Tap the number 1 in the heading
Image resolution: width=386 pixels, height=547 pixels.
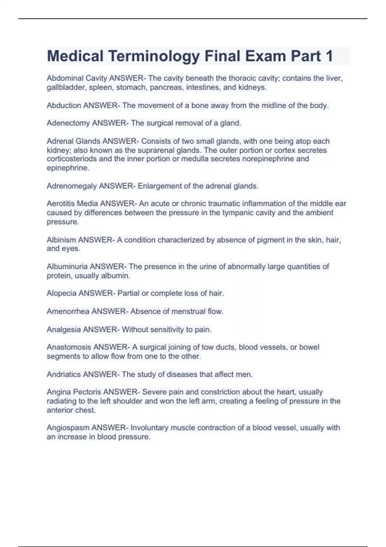click(329, 56)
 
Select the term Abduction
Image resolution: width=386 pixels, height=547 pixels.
click(64, 106)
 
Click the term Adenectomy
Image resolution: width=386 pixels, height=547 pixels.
click(68, 123)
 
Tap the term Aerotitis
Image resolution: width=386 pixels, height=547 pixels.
click(60, 204)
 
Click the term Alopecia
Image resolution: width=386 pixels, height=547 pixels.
click(61, 293)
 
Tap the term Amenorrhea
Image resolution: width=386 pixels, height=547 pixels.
click(68, 311)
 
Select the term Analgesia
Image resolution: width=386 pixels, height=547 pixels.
click(64, 330)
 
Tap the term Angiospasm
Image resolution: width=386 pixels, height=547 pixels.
click(68, 428)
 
